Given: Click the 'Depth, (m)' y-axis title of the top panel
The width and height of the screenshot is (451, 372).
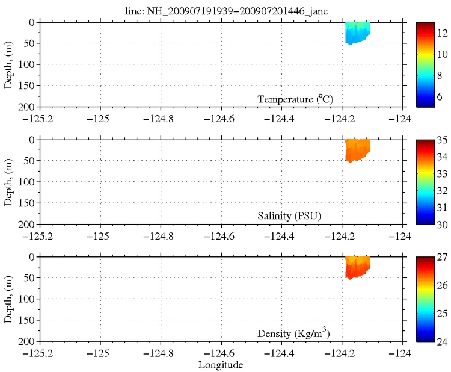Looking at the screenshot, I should pyautogui.click(x=8, y=64).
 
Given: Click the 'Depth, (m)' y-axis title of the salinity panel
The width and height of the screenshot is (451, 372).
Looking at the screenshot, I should pyautogui.click(x=8, y=182).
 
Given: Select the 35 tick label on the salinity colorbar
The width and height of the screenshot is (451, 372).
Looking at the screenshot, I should pyautogui.click(x=441, y=140).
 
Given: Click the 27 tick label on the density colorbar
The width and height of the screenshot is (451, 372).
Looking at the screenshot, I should pyautogui.click(x=441, y=257).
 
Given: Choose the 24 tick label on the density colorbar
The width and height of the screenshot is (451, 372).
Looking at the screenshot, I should pyautogui.click(x=441, y=341).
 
